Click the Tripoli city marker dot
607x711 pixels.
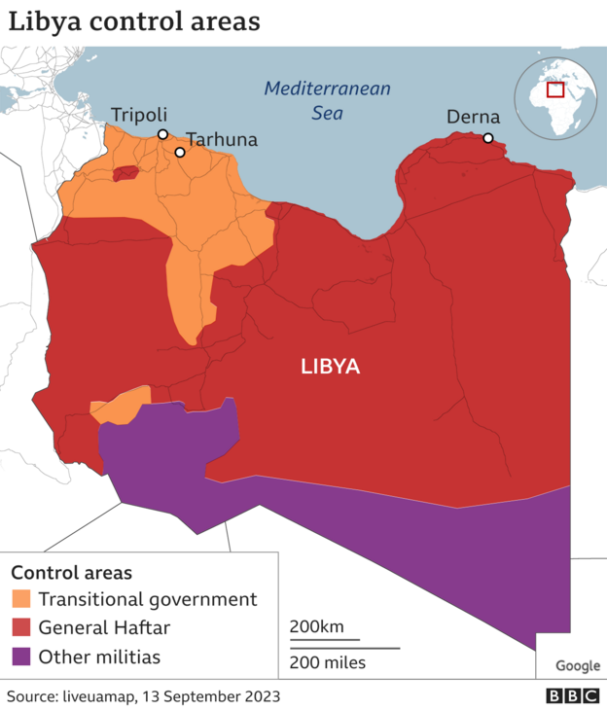162,134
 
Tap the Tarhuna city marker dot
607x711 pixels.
180,153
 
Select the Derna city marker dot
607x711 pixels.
487,138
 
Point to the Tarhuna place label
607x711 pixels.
222,140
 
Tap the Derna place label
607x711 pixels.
473,118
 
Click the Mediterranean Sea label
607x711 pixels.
328,100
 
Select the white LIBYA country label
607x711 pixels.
330,367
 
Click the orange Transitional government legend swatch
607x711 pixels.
21,599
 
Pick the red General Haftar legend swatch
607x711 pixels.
21,628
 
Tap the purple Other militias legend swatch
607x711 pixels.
21,658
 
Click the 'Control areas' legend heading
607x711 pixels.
71,573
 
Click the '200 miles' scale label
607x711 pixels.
327,662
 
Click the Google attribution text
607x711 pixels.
578,666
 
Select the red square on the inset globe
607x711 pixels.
555,89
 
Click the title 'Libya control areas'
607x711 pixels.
135,22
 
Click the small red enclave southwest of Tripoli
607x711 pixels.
125,174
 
